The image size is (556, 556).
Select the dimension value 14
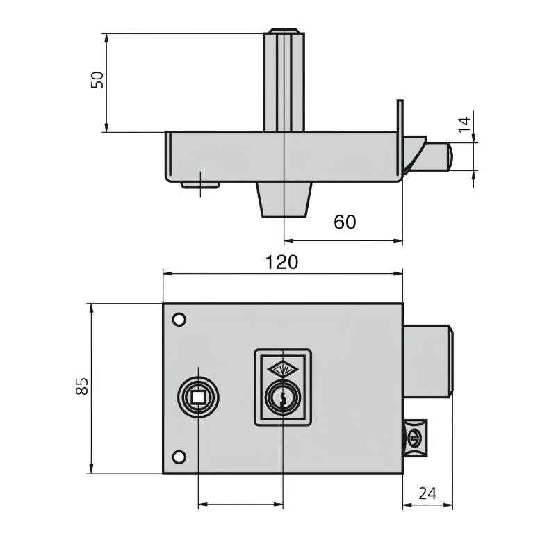464,126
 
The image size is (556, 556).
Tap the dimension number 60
345,222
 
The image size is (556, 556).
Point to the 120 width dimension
282,262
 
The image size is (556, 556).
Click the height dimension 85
83,386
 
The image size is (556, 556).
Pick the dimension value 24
428,493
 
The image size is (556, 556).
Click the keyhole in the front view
282,398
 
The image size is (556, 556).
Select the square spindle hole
199,397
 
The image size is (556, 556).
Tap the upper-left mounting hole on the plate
179,320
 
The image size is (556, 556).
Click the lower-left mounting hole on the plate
179,457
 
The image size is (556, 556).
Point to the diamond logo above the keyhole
282,370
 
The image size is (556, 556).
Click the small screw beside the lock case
414,439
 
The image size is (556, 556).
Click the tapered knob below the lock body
285,200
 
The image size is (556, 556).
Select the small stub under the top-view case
200,185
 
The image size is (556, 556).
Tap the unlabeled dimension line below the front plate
240,504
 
